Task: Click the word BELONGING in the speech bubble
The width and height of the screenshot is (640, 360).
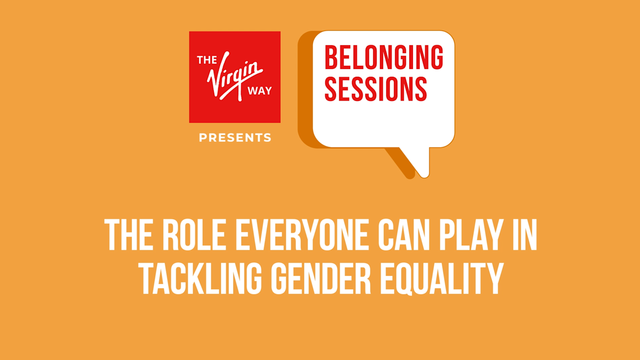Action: coord(384,57)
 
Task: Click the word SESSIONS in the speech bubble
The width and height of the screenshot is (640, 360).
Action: coord(376,89)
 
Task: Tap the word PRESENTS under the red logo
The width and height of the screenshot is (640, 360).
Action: coord(235,138)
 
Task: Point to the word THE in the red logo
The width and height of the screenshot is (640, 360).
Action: coord(207,60)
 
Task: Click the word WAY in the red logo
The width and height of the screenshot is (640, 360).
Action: coord(260,91)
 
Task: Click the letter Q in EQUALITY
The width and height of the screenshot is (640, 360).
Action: coord(409,279)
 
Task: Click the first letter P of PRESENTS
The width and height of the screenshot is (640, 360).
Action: coord(203,138)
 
